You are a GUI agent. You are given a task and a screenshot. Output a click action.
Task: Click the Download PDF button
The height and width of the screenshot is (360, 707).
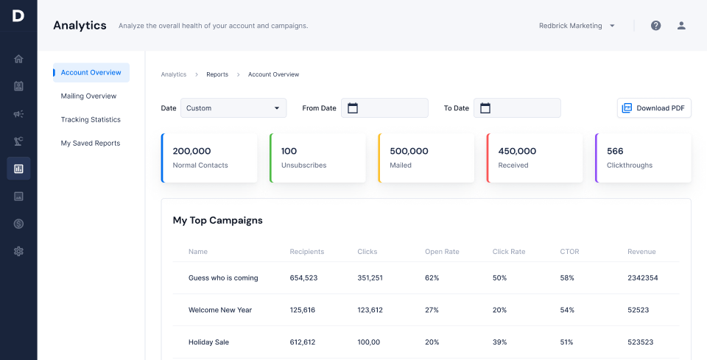[654, 108]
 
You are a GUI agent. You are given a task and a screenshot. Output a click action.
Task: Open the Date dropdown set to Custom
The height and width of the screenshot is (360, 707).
[233, 108]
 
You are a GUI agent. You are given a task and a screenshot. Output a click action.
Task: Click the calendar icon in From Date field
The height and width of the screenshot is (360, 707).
[353, 108]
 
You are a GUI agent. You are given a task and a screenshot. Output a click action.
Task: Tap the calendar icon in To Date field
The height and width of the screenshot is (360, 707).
[485, 108]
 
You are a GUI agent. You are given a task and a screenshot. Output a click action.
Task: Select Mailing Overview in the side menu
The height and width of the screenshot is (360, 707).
[88, 96]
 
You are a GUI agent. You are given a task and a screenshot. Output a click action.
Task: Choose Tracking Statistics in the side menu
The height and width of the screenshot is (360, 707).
[91, 120]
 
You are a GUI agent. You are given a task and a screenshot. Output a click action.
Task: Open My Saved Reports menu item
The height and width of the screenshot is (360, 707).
[90, 144]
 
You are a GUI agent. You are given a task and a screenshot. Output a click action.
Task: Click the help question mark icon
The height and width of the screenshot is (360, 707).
[655, 26]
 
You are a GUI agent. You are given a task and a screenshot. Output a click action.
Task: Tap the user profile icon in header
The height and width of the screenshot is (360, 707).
[681, 26]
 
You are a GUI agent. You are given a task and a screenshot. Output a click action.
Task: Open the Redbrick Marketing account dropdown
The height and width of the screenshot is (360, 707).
[577, 26]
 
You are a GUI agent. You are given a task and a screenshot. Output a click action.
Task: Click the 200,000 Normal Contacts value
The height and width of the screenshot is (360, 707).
[191, 151]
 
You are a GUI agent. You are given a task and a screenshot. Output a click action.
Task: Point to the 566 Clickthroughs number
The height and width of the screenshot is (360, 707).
[615, 151]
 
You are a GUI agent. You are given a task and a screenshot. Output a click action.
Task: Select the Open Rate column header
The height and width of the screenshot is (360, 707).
[442, 252]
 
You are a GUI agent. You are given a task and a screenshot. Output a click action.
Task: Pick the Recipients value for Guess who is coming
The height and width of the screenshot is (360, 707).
[303, 278]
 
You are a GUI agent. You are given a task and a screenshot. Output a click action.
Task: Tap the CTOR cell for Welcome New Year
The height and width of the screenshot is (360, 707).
[567, 310]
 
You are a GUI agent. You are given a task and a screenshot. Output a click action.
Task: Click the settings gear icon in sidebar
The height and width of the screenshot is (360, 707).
[18, 251]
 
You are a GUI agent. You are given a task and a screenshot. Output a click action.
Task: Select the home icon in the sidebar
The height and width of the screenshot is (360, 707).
[18, 59]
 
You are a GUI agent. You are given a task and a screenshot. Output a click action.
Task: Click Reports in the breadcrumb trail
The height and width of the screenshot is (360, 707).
[217, 74]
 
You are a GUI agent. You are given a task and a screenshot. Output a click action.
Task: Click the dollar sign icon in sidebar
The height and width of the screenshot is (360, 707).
[18, 224]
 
